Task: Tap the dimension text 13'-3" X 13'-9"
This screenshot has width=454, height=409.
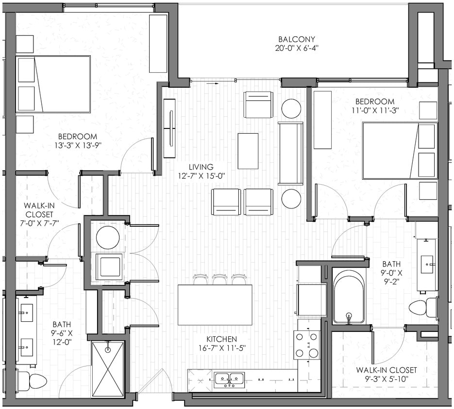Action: point(78,145)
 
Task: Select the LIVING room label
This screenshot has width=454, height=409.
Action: point(201,167)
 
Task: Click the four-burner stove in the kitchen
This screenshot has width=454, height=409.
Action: point(307,345)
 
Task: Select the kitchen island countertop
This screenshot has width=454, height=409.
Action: point(215,305)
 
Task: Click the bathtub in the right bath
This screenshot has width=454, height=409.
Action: point(349,297)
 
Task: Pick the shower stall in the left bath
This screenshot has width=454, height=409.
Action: point(108,369)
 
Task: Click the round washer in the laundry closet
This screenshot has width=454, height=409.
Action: point(108,237)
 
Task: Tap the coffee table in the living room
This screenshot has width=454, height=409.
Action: point(248,151)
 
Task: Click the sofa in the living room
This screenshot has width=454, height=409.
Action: point(290,153)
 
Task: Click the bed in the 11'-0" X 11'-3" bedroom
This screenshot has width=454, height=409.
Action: point(399,150)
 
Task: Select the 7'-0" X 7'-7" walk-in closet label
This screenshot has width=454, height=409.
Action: point(39,212)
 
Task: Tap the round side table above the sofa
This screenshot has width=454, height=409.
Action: point(291,109)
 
